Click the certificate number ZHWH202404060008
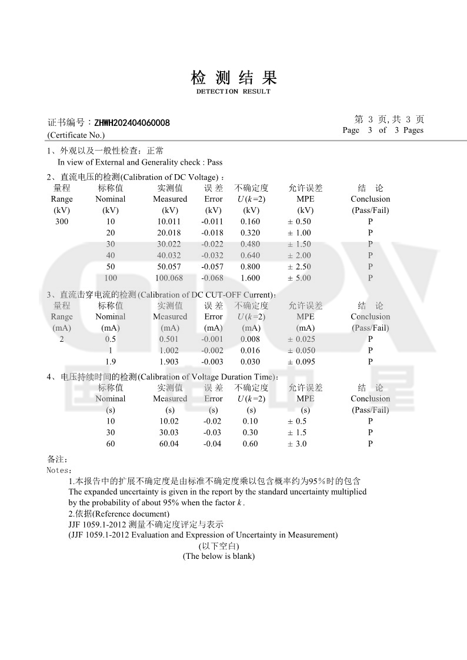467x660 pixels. coord(132,123)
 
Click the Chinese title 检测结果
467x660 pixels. coord(233,77)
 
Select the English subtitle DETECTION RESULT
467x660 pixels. coord(233,92)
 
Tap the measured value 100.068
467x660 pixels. coord(169,278)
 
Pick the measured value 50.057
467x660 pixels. coord(169,266)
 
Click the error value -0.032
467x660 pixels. coord(213,255)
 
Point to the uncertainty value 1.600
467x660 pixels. coord(251,278)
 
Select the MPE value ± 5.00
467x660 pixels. coord(299,278)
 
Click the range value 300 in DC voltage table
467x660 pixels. coord(62,222)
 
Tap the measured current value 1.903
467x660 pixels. coord(169,362)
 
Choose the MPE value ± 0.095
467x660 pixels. coord(301,362)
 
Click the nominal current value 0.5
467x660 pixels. coord(111,339)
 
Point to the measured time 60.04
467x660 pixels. coord(169,444)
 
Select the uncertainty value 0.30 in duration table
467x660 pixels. coord(251,432)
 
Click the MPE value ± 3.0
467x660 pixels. coord(297,444)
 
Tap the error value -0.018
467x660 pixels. coord(213,233)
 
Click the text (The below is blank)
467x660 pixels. coord(219,556)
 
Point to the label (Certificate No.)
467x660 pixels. coord(76,135)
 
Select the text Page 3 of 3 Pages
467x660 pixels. coord(383,130)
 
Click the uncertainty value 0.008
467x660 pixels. coord(251,339)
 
